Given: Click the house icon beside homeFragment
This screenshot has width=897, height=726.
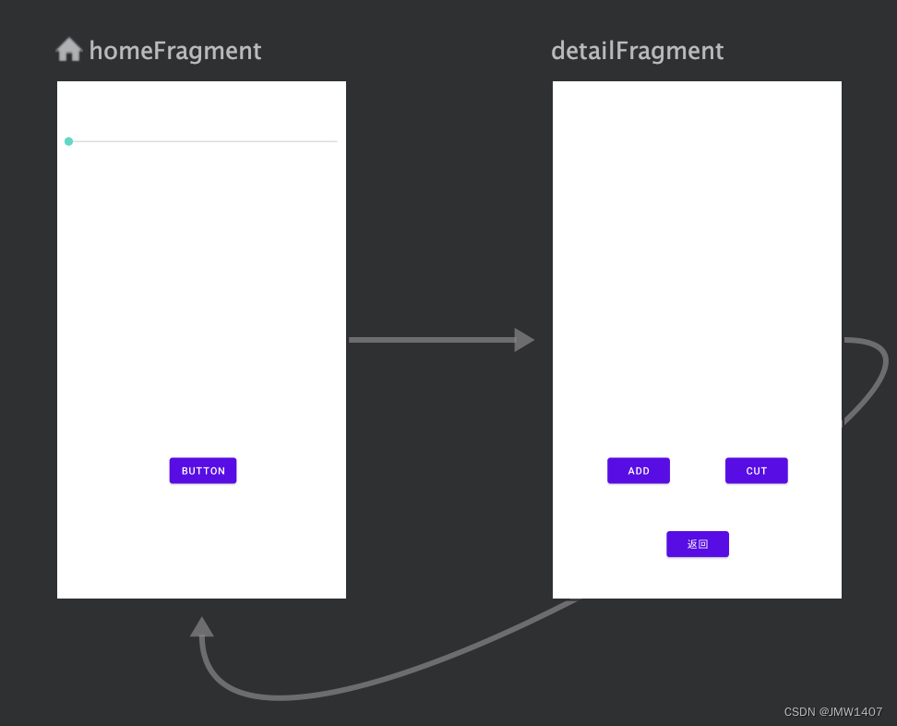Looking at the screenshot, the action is (68, 49).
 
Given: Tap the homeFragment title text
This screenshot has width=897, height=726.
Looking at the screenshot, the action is (175, 51).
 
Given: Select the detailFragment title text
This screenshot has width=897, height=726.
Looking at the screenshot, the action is (638, 51).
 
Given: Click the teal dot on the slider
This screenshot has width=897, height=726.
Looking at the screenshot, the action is (68, 141).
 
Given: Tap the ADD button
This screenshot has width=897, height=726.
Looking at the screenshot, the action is (639, 471).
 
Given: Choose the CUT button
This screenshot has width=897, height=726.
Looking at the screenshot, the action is (757, 471).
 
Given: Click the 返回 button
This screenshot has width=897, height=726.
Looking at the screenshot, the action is (698, 544).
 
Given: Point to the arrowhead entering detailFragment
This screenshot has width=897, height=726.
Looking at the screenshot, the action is (524, 340).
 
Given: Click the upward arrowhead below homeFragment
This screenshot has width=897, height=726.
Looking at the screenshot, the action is (202, 627).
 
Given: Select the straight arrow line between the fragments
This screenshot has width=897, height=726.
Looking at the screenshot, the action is (432, 340).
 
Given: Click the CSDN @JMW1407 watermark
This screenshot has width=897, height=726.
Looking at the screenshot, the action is (833, 712).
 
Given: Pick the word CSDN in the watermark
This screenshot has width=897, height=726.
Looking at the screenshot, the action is (800, 712).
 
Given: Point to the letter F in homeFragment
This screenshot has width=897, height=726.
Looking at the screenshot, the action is (159, 51).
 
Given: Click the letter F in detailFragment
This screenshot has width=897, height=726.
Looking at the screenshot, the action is (621, 51).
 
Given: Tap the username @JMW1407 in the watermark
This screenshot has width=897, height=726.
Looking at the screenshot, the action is (851, 712).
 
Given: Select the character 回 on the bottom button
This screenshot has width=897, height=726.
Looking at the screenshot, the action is (703, 544).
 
